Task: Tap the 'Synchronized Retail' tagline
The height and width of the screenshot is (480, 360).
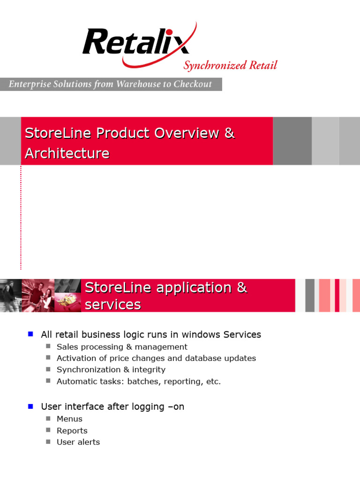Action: tap(230, 65)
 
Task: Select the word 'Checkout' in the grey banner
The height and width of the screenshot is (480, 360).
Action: tap(193, 84)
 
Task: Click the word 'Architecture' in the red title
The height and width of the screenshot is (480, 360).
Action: tap(67, 153)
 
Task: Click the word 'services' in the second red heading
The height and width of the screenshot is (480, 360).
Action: tap(112, 305)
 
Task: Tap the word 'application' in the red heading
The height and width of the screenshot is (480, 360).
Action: tap(194, 288)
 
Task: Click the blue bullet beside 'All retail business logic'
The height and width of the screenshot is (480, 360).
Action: tap(31, 334)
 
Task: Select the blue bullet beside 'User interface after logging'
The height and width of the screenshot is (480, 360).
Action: tap(31, 406)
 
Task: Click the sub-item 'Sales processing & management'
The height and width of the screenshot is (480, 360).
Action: tap(122, 347)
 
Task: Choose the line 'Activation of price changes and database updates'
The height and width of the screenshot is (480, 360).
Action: tap(156, 358)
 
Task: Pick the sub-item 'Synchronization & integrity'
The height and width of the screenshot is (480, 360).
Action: tap(111, 370)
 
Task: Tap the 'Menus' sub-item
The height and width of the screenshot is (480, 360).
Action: tap(69, 419)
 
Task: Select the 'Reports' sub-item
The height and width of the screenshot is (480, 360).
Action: tap(72, 431)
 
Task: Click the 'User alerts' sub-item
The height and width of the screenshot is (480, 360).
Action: tap(78, 442)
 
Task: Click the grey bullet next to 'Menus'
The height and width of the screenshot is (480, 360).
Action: tap(48, 419)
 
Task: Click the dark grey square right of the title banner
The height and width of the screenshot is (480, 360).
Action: tap(292, 141)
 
